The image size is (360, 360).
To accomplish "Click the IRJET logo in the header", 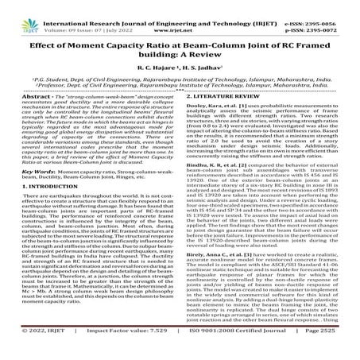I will click(21, 14).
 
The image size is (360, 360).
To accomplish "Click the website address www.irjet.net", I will click(180, 19).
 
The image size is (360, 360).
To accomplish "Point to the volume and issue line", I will click(88, 19).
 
